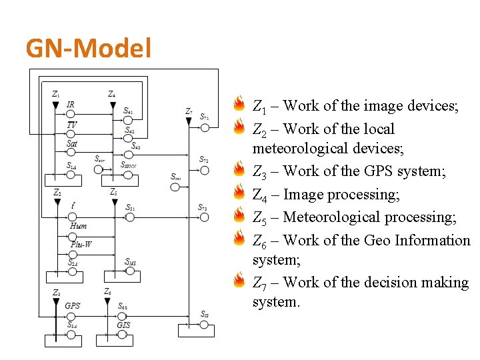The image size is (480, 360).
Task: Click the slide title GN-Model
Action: tap(89, 48)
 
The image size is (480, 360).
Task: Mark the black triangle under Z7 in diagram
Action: tap(190, 121)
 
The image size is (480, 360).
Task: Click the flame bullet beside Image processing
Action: tap(239, 194)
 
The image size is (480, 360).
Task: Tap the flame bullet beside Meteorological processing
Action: tap(239, 217)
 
